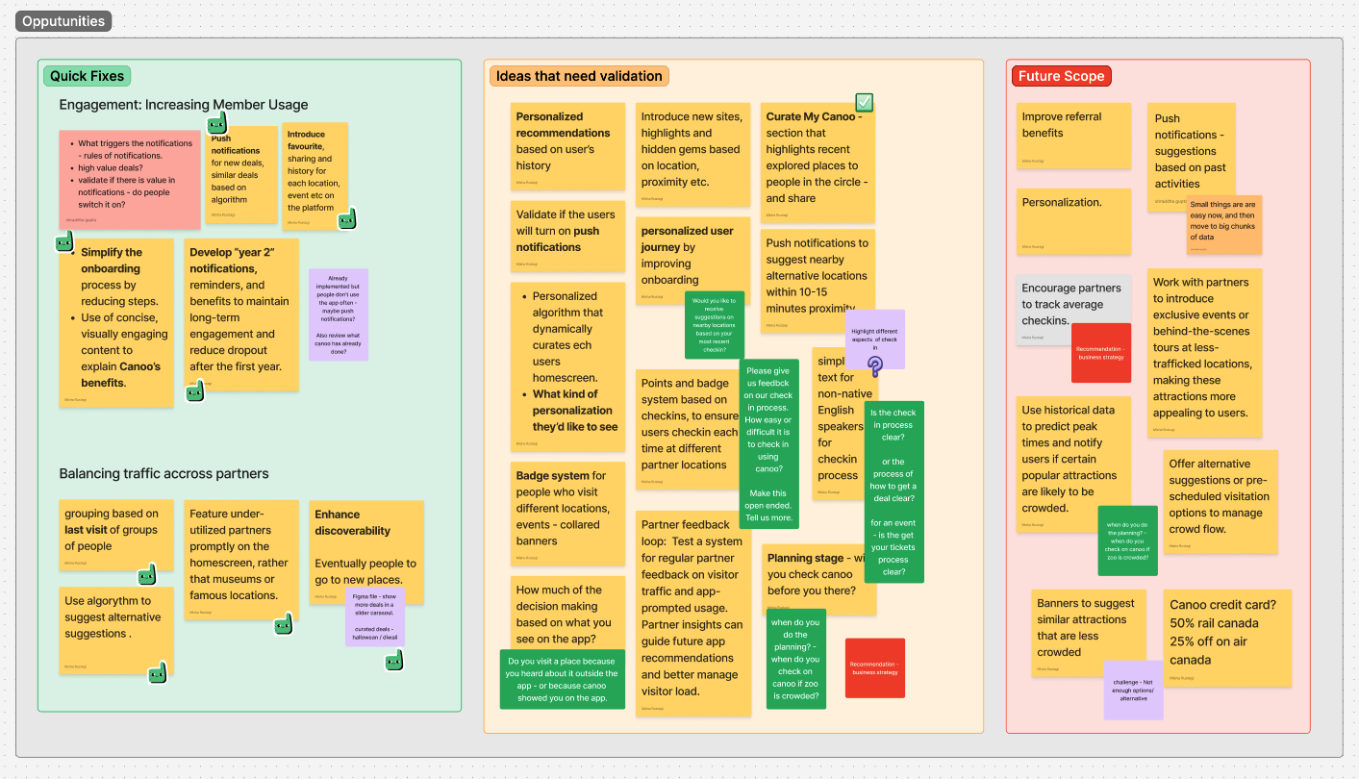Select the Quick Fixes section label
(x=87, y=76)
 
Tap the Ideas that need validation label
(x=579, y=76)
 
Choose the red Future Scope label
(x=1062, y=76)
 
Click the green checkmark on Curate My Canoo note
(x=864, y=102)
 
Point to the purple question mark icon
(x=875, y=364)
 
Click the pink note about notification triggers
(x=129, y=179)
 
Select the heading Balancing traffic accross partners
(x=164, y=473)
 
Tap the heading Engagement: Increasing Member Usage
(x=183, y=105)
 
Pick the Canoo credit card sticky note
(x=1226, y=638)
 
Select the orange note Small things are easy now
(x=1223, y=224)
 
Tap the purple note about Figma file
(x=374, y=616)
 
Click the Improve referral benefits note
(x=1073, y=135)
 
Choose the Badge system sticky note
(x=567, y=512)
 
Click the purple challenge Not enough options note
(x=1133, y=690)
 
